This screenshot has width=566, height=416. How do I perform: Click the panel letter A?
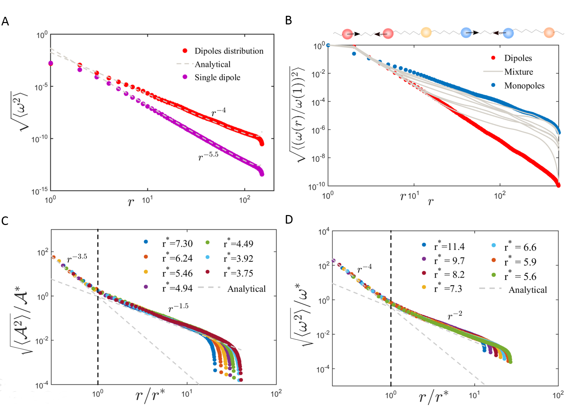click(5, 21)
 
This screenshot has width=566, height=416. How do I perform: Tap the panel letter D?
click(289, 220)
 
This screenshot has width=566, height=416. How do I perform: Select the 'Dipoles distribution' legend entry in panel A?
click(229, 51)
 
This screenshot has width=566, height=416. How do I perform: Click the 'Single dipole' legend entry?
click(217, 77)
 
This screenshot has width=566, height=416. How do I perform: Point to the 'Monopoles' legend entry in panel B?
click(524, 86)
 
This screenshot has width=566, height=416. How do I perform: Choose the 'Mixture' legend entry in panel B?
click(518, 72)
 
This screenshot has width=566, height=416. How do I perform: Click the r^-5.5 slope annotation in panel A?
click(208, 156)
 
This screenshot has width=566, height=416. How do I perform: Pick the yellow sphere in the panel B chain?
click(426, 32)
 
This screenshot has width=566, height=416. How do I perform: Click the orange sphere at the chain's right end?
click(549, 33)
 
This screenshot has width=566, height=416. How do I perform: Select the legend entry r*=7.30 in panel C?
click(177, 243)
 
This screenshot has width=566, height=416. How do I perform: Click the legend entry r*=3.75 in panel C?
click(238, 273)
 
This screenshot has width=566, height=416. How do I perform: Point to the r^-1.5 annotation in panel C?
click(178, 307)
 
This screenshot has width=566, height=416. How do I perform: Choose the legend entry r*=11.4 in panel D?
click(449, 246)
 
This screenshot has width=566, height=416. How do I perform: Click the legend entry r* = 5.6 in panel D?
click(520, 276)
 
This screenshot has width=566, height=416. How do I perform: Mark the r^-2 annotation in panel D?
click(455, 315)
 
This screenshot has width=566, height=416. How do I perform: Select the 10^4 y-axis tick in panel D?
click(324, 233)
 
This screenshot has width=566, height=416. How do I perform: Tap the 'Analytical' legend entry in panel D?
click(527, 290)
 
